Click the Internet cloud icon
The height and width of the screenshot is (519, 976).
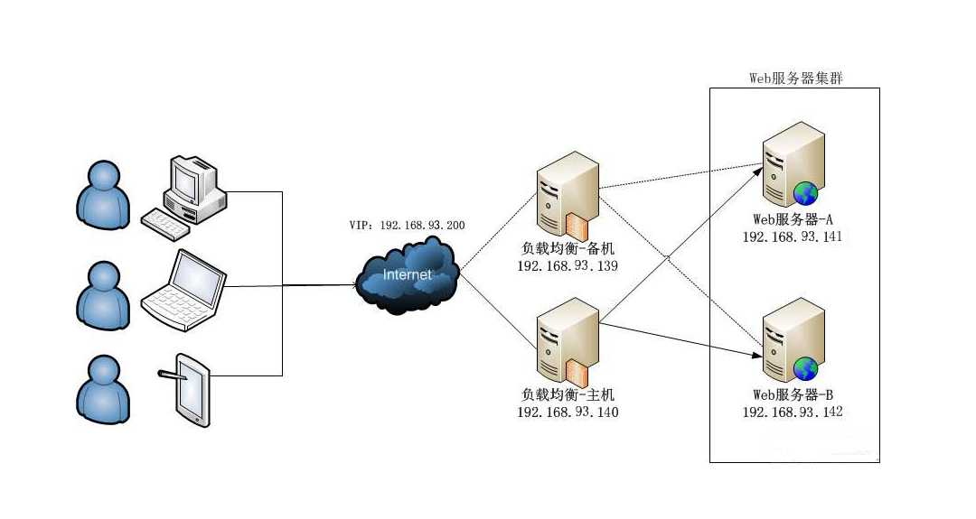click(408, 274)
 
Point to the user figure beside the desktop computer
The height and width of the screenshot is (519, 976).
click(99, 198)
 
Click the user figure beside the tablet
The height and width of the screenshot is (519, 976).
click(99, 391)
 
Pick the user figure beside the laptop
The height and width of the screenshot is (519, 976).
click(99, 294)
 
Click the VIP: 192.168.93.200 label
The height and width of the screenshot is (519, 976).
click(407, 224)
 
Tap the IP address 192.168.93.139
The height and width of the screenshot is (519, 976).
click(568, 267)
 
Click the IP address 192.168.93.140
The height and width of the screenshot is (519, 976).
click(568, 412)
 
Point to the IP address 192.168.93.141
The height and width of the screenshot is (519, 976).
click(793, 236)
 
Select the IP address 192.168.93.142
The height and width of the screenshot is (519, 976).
click(793, 412)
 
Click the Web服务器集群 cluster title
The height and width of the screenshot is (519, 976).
click(796, 78)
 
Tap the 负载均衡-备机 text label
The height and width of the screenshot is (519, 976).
click(568, 250)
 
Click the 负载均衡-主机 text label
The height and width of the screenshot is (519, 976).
click(568, 394)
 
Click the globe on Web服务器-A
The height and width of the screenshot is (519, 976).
click(805, 192)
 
